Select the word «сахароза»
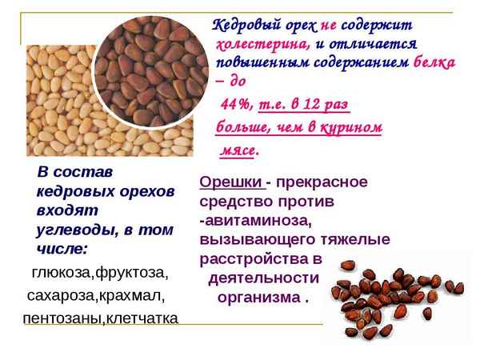[x=61, y=296]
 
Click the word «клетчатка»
[x=145, y=318]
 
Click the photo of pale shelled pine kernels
[x=56, y=104]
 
